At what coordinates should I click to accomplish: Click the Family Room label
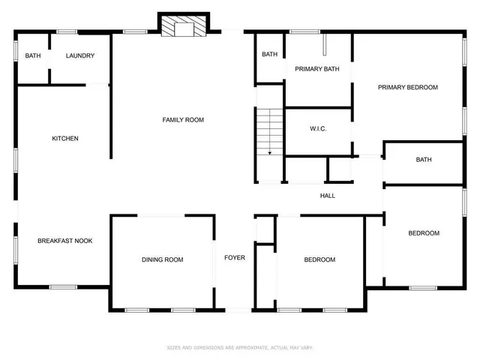184,120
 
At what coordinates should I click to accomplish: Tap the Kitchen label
65,138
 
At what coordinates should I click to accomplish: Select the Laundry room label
79,55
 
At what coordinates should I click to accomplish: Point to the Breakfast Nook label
65,241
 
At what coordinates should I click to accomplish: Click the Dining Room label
163,259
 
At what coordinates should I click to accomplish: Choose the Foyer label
235,258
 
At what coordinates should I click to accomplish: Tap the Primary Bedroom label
407,87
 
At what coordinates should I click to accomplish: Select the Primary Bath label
316,69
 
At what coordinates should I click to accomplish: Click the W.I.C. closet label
318,128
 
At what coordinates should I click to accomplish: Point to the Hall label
328,196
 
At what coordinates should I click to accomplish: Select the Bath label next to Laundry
33,55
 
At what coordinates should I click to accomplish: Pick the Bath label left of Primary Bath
269,54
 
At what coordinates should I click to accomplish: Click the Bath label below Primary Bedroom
424,159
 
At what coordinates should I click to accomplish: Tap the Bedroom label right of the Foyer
319,259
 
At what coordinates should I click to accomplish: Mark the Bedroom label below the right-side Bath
424,233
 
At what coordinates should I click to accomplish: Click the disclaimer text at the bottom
240,347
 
